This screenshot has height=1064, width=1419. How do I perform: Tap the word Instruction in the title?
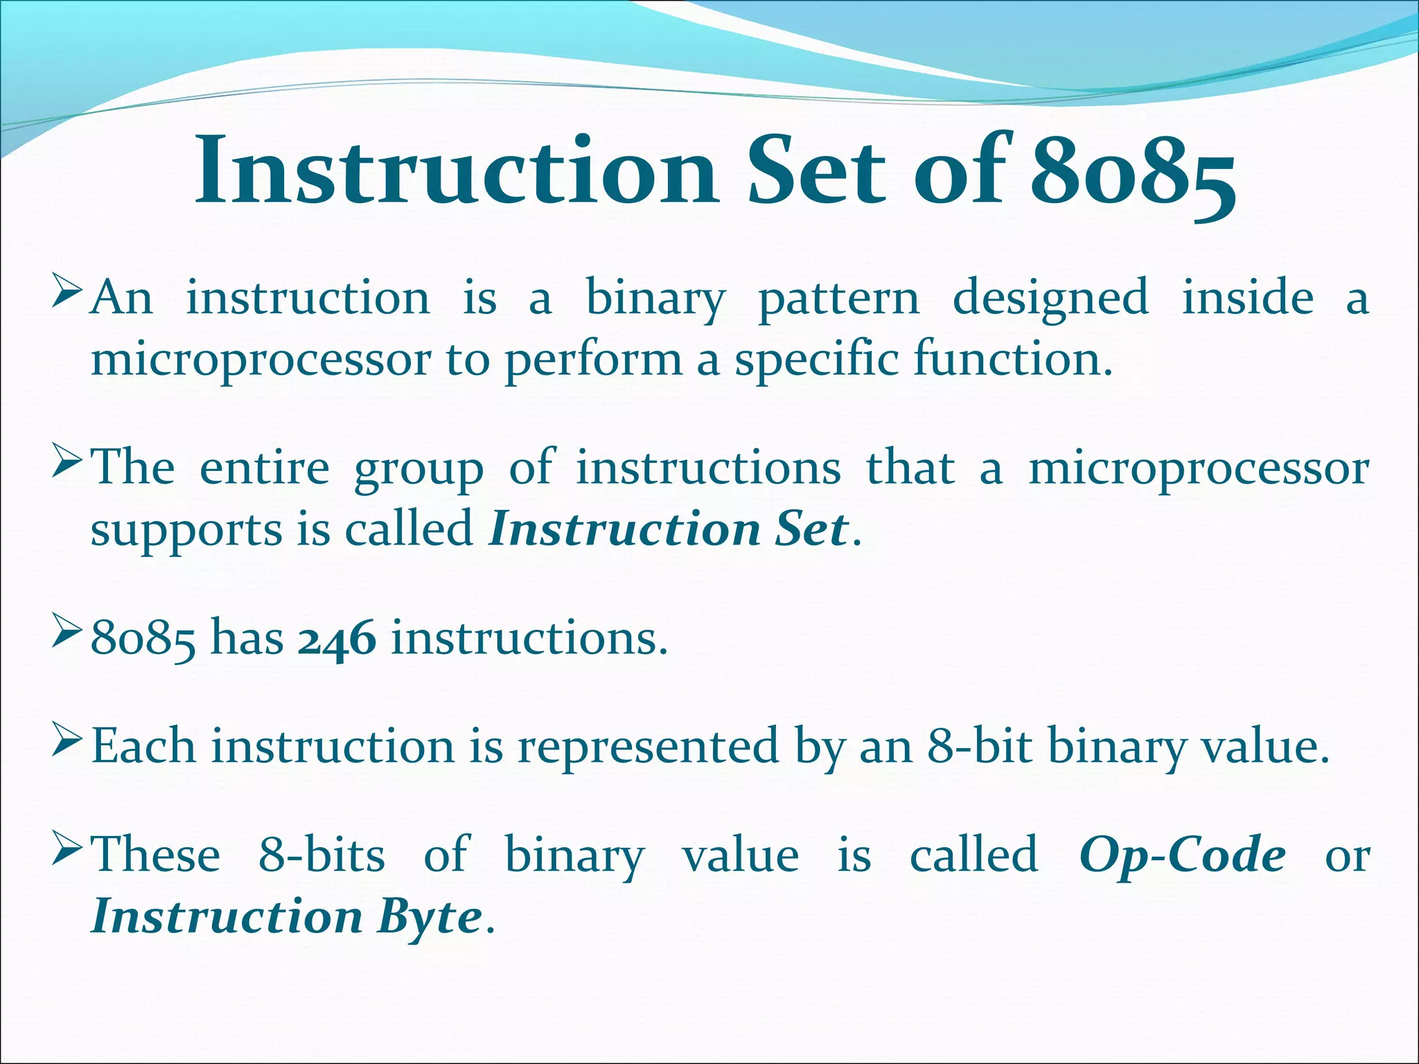[x=455, y=172]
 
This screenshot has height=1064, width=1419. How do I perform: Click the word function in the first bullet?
[x=1012, y=360]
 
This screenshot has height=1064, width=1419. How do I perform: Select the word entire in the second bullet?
[x=264, y=468]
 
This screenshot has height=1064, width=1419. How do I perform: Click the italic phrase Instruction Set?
[x=668, y=529]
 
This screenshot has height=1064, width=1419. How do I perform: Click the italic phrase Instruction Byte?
[x=286, y=916]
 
